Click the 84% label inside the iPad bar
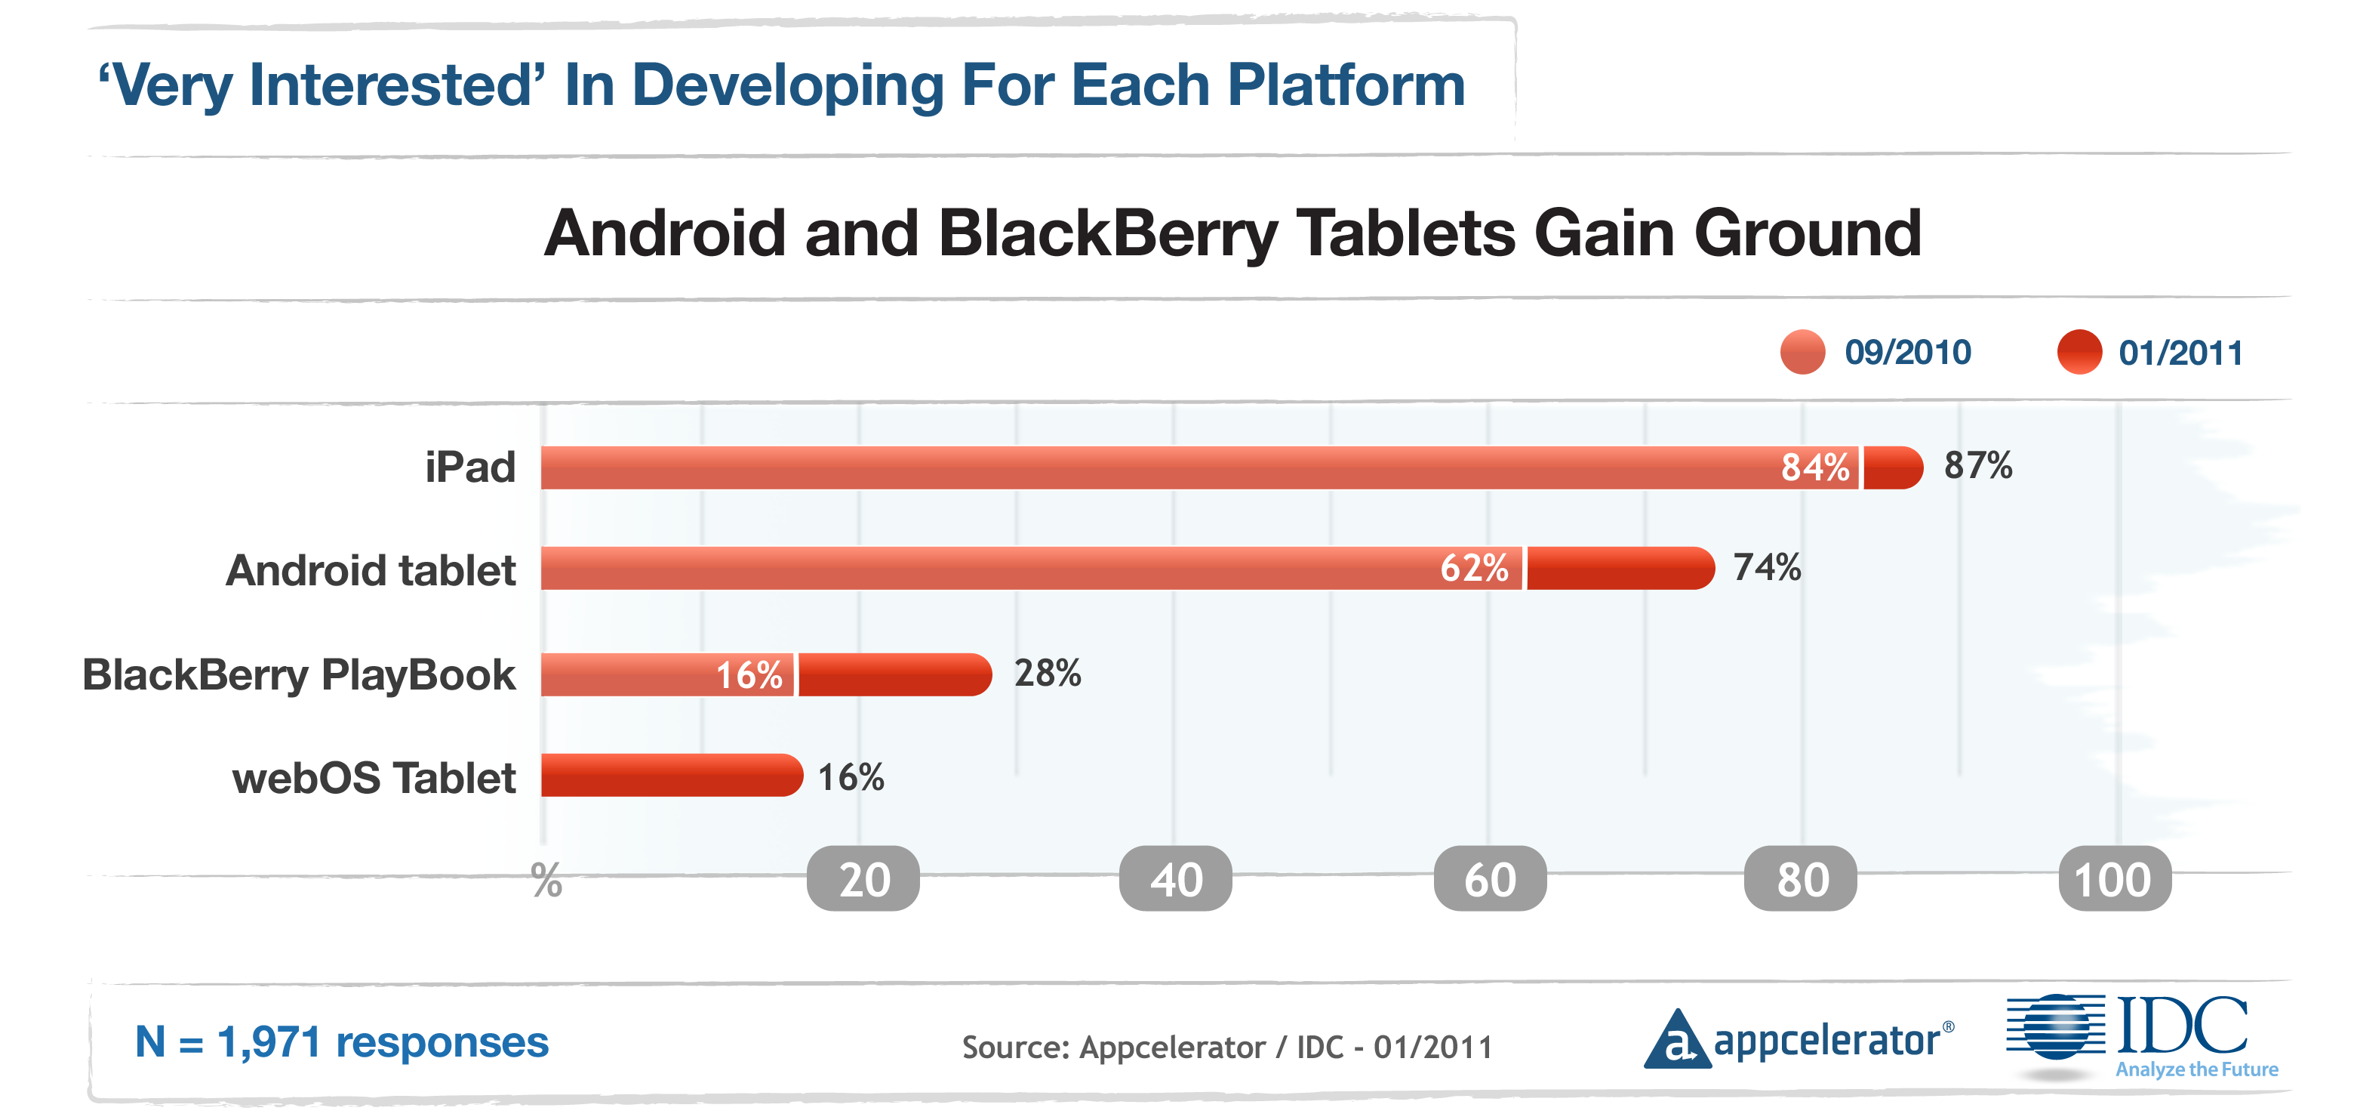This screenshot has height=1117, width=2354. click(1815, 467)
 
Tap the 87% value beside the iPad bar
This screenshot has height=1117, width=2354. click(1977, 465)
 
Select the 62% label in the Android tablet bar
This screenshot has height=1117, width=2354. click(1474, 568)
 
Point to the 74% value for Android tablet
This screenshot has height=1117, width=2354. click(1766, 566)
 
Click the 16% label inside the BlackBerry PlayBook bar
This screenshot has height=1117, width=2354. click(749, 675)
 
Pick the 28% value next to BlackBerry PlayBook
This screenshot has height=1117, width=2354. click(1048, 673)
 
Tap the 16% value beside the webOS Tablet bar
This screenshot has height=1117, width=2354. click(850, 777)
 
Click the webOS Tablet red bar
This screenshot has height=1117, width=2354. click(671, 775)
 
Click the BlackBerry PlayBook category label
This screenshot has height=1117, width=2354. click(299, 674)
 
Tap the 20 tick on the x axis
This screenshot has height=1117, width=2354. click(863, 879)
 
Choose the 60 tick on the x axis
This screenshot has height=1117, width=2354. click(1490, 879)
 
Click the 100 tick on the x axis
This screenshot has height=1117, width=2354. click(2114, 879)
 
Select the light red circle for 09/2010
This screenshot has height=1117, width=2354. click(1802, 352)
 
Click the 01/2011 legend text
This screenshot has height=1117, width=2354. click(2180, 353)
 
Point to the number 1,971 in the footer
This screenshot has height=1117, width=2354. click(269, 1042)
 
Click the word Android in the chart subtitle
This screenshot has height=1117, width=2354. click(664, 233)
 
